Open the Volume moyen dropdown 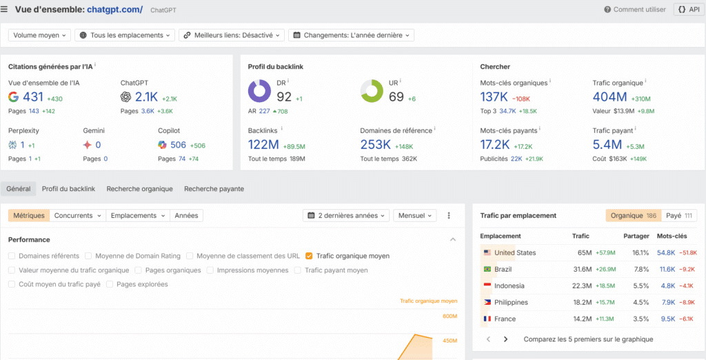pos(41,35)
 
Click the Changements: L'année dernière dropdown pos(352,35)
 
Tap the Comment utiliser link pos(635,10)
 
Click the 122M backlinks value pos(263,145)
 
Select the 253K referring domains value pos(376,145)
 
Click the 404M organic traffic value pos(609,98)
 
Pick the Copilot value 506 pos(178,145)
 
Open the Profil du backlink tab pos(68,189)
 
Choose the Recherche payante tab pos(214,189)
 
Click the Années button pos(186,216)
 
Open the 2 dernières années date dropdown pos(346,216)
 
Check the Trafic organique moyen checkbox pos(309,256)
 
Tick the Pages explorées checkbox pos(110,284)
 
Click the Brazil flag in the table pos(487,269)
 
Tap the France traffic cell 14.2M pos(583,319)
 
